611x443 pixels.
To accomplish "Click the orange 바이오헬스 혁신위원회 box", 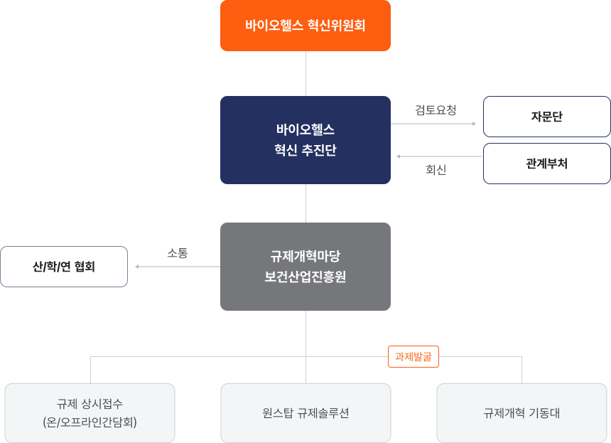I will [305, 26].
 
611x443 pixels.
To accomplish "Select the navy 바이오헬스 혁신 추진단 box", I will [305, 140].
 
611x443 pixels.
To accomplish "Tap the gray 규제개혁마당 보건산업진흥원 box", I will [305, 267].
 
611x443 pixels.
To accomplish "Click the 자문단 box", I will [546, 117].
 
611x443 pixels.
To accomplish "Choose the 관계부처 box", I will [546, 164].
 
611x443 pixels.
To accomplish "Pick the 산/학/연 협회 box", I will [64, 267].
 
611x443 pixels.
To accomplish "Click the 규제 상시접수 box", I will [90, 413].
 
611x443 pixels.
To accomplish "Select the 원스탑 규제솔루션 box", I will [305, 413].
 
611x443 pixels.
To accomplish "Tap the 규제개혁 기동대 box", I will [521, 413].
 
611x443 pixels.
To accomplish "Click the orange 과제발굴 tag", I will [413, 356].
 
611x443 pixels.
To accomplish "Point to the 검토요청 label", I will [436, 110].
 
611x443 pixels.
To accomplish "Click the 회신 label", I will [436, 170].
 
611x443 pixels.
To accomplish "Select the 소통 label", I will [177, 253].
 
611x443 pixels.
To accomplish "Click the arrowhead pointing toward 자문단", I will [474, 124].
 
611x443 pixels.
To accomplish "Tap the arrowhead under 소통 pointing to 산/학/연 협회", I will [138, 267].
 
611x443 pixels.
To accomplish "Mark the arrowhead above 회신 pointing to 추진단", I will [399, 156].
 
